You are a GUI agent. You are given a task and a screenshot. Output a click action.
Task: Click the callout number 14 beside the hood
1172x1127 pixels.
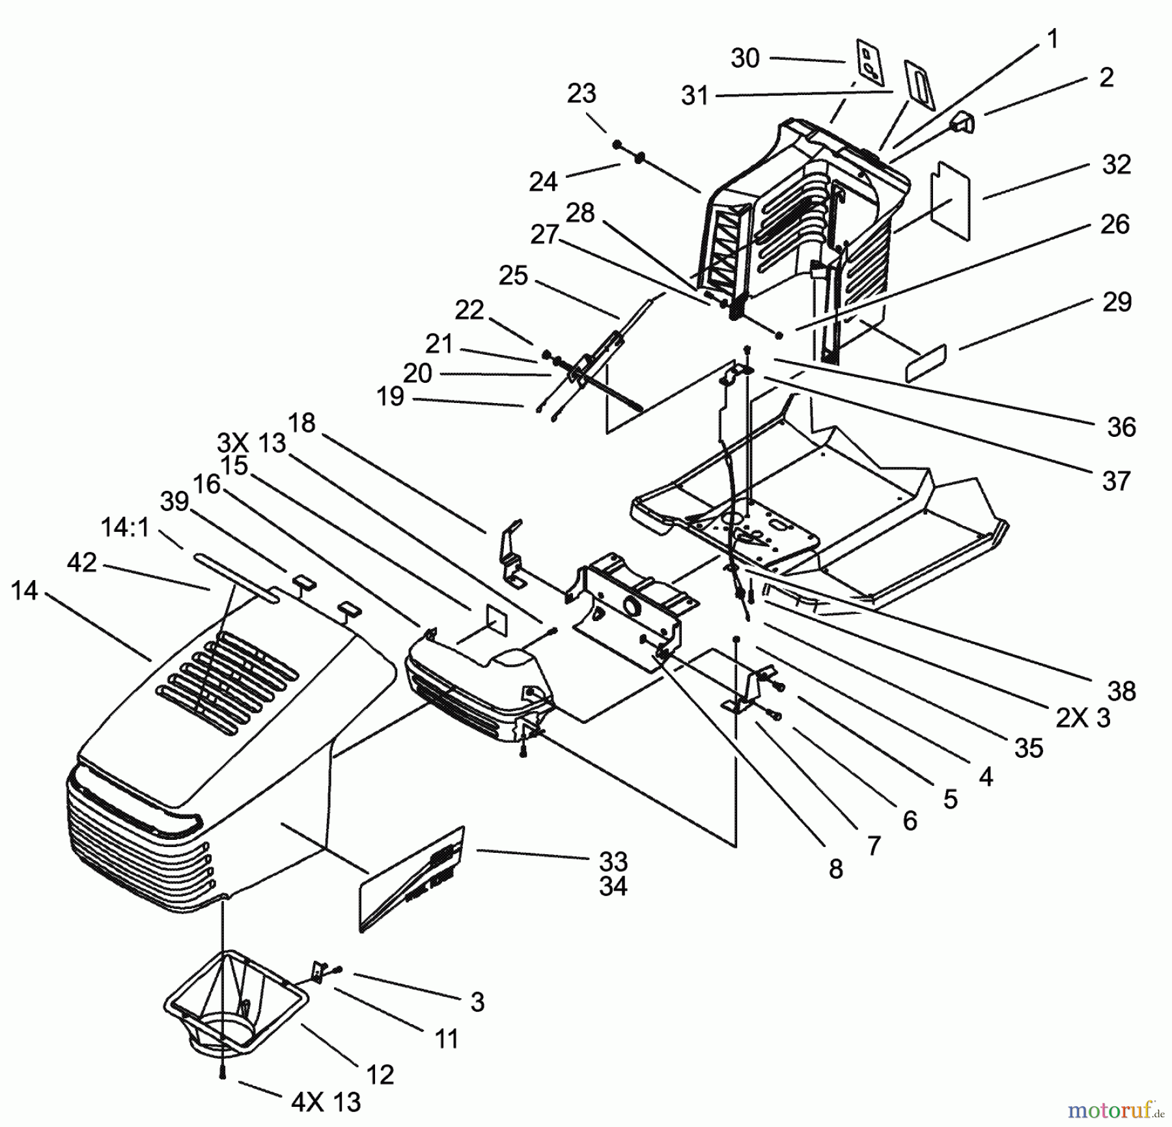coord(25,591)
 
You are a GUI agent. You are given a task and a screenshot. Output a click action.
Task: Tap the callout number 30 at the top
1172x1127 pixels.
coord(745,59)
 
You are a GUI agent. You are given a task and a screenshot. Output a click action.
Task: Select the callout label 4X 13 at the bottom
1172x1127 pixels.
coord(325,1102)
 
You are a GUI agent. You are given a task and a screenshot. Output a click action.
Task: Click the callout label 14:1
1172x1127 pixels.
coord(125,527)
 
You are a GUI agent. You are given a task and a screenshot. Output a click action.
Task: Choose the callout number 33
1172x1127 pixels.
coord(613,861)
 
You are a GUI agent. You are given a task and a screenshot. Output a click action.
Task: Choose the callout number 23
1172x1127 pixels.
coord(581,94)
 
